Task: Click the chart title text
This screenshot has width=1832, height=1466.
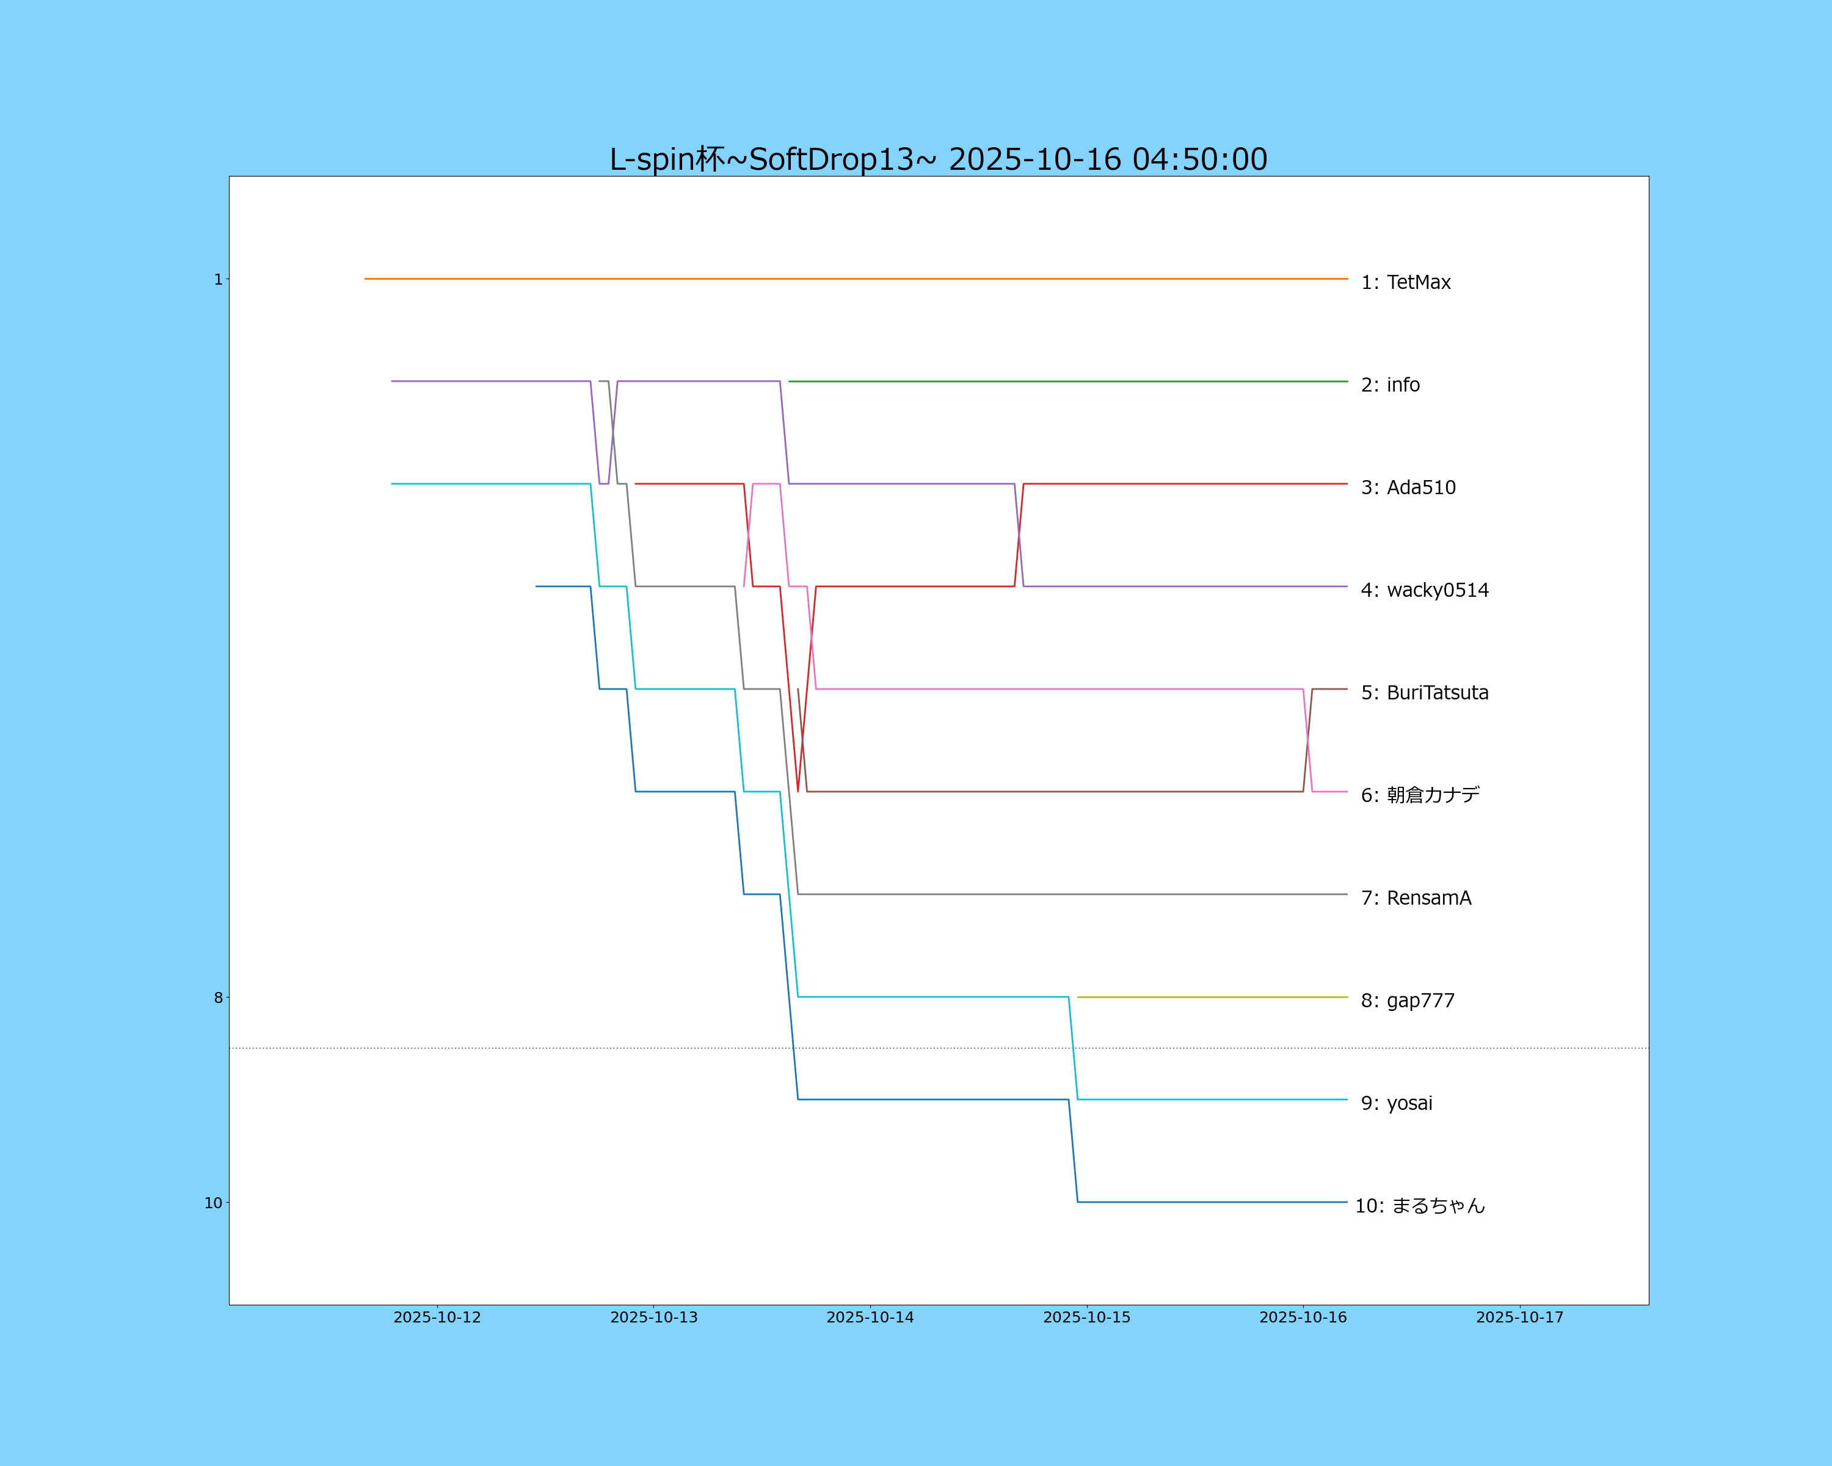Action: tap(938, 159)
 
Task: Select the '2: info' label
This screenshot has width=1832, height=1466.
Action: tap(1390, 385)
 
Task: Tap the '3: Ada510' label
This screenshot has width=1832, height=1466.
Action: tap(1408, 488)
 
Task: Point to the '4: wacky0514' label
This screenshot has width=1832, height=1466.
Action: tap(1424, 590)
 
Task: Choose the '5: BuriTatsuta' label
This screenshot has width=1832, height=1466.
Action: tap(1424, 693)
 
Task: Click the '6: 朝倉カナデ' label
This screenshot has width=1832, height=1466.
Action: tap(1420, 795)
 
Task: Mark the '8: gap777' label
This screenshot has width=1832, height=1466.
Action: tap(1407, 1001)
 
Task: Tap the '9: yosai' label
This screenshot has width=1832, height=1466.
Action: tap(1396, 1103)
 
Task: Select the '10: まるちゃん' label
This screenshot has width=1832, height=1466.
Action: tap(1419, 1206)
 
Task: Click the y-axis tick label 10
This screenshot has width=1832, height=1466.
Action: tap(213, 1203)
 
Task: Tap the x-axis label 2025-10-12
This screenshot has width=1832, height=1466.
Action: tap(437, 1318)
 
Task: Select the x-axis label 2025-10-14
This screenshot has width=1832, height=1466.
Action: tap(870, 1318)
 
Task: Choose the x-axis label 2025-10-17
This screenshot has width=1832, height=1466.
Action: tap(1519, 1318)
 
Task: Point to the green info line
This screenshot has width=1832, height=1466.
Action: tap(1067, 382)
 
